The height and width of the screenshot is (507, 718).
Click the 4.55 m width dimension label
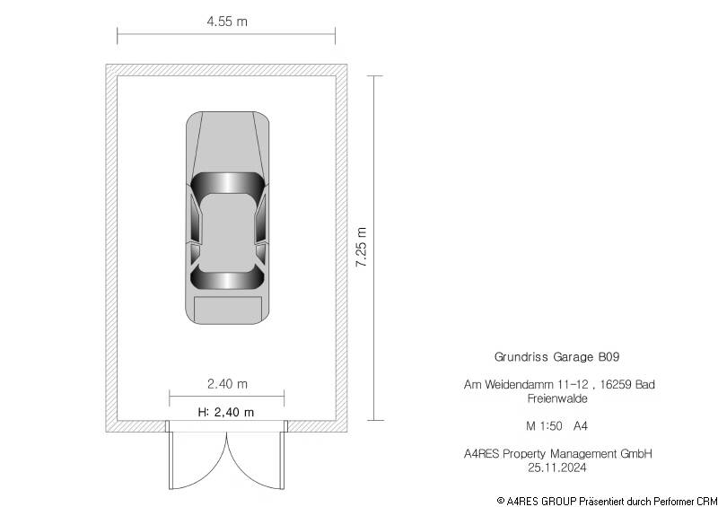227,21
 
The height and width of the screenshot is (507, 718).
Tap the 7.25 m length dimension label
362,247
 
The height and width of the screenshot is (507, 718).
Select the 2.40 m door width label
227,384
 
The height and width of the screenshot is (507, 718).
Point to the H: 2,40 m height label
226,412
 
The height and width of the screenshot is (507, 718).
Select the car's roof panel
227,232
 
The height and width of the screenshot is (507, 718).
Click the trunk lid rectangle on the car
228,310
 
